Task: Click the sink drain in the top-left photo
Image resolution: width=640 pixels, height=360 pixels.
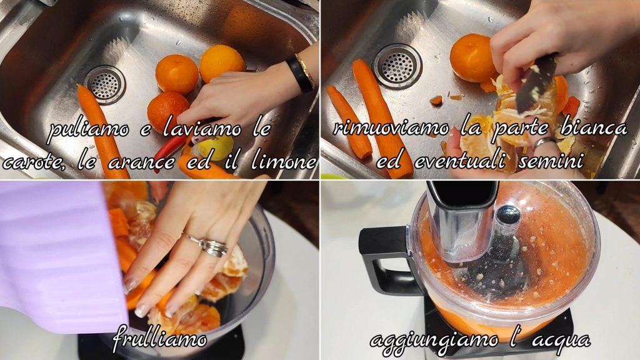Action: [x=105, y=84]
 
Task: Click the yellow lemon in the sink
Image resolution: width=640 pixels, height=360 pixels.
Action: [x=216, y=147]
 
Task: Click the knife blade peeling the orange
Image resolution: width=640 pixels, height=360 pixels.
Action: [x=536, y=84]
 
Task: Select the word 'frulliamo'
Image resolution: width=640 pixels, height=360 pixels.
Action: [x=159, y=338]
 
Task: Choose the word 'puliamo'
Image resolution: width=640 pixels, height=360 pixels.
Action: [x=88, y=130]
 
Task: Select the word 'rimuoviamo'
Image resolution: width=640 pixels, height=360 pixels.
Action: [x=391, y=128]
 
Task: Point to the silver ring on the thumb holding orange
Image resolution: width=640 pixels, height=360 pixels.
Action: [x=545, y=142]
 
